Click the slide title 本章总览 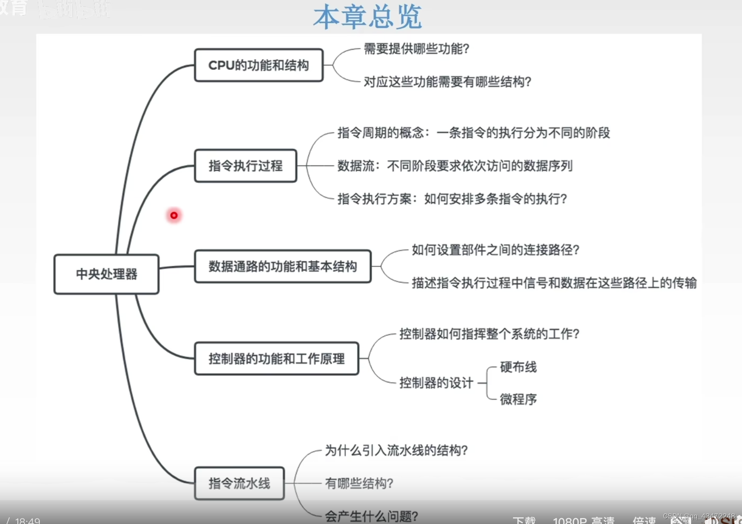[367, 17]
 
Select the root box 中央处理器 [106, 274]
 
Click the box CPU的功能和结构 [259, 65]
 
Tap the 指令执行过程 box [245, 166]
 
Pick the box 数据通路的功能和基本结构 [283, 267]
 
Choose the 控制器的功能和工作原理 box [276, 359]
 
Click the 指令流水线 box [239, 483]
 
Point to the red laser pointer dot [174, 215]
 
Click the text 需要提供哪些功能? [416, 49]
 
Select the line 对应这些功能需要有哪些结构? [447, 82]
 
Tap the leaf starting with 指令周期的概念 [474, 133]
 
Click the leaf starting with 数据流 [455, 166]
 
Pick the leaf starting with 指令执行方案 [452, 199]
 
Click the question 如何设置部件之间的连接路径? [495, 250]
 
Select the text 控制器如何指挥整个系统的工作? [489, 334]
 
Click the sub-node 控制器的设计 [436, 383]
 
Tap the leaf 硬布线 [518, 367]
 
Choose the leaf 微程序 [518, 399]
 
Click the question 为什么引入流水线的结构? [396, 450]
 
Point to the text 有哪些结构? [359, 483]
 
